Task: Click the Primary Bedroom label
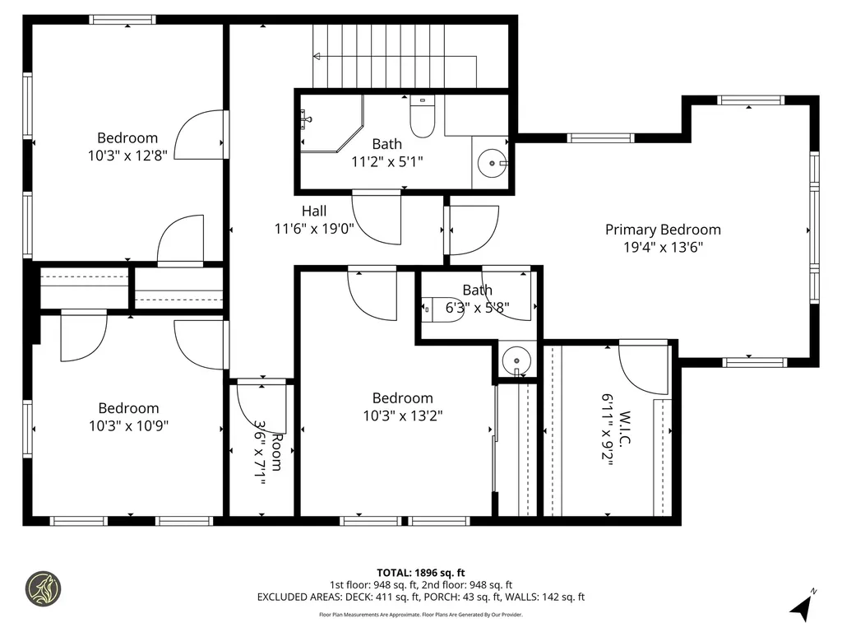[x=663, y=230]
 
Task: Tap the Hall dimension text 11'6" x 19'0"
[x=314, y=229]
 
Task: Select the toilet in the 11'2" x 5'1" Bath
[x=422, y=116]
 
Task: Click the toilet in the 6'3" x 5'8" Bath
[x=443, y=309]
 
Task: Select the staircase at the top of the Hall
[x=395, y=56]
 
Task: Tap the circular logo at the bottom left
[x=42, y=589]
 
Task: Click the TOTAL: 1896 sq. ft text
[x=420, y=573]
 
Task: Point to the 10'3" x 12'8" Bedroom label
[x=127, y=137]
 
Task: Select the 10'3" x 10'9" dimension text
[x=128, y=425]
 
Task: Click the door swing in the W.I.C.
[x=645, y=368]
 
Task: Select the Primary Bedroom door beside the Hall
[x=473, y=230]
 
